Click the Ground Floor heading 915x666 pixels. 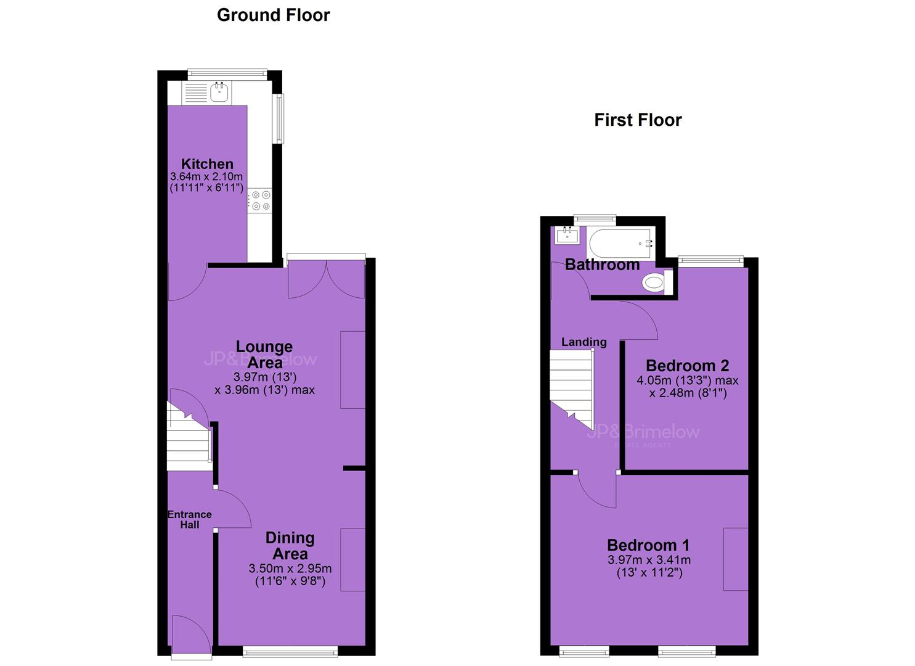pyautogui.click(x=274, y=15)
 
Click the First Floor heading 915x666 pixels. pyautogui.click(x=638, y=120)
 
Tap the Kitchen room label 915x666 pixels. pyautogui.click(x=207, y=164)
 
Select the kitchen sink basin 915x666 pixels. pyautogui.click(x=219, y=92)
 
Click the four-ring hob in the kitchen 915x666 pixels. pyautogui.click(x=260, y=200)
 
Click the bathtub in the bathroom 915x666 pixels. pyautogui.click(x=620, y=244)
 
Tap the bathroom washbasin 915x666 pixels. pyautogui.click(x=567, y=236)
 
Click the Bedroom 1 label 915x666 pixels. pyautogui.click(x=648, y=545)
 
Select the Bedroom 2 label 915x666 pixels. pyautogui.click(x=688, y=365)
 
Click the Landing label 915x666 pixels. pyautogui.click(x=584, y=342)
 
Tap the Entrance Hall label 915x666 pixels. pyautogui.click(x=190, y=520)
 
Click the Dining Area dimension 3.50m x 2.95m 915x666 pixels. pyautogui.click(x=290, y=569)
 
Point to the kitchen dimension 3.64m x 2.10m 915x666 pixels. pyautogui.click(x=206, y=176)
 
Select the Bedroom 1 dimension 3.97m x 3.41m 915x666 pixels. pyautogui.click(x=649, y=560)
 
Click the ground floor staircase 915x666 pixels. pyautogui.click(x=189, y=436)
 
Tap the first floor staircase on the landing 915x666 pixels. pyautogui.click(x=571, y=388)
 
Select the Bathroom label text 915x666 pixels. pyautogui.click(x=602, y=265)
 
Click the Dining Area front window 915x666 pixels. pyautogui.click(x=290, y=652)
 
